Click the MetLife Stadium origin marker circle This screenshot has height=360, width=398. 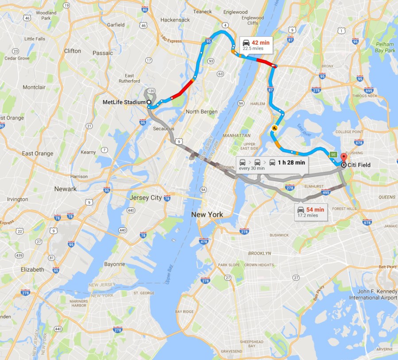click(x=149, y=102)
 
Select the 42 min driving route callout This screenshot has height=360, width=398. click(x=255, y=44)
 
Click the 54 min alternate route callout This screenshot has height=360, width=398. click(x=312, y=212)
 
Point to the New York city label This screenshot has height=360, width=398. click(x=207, y=214)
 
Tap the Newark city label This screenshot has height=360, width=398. click(x=65, y=189)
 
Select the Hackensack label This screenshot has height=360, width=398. click(x=175, y=20)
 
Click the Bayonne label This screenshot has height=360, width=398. click(x=115, y=264)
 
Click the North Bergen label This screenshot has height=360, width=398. click(x=201, y=111)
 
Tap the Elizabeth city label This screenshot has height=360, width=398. click(x=32, y=269)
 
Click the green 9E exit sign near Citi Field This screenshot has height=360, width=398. click(x=333, y=154)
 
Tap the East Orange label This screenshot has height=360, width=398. click(x=38, y=153)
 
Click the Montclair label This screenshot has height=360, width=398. click(x=34, y=87)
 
